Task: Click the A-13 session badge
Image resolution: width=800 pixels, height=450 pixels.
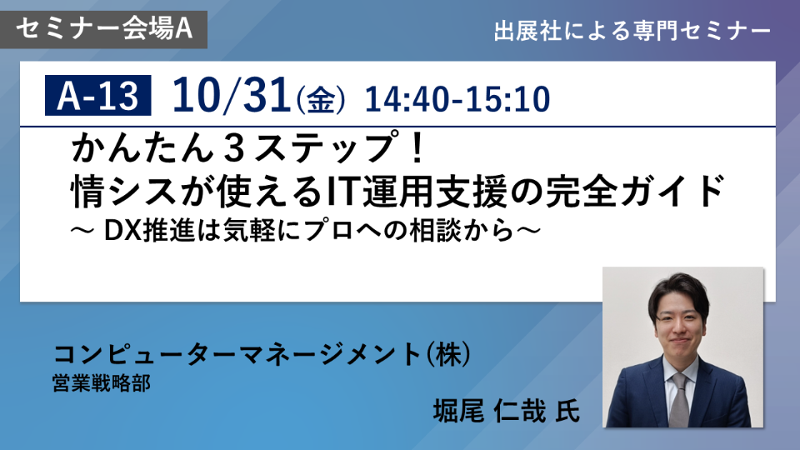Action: (98, 95)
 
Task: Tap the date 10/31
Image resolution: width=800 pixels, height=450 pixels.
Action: (232, 95)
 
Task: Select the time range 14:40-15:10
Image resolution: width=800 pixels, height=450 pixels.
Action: (457, 99)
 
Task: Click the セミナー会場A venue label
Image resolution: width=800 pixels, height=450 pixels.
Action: (104, 29)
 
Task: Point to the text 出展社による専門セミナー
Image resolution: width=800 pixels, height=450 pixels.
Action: (632, 31)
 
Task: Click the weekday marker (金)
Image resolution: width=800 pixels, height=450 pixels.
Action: (321, 99)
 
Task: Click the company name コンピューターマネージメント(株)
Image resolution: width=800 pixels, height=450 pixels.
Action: (262, 354)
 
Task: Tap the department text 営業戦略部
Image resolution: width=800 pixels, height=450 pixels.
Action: (102, 383)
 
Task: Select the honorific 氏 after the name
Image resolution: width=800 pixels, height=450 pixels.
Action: (567, 411)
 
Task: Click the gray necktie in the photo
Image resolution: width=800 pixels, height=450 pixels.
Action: (680, 399)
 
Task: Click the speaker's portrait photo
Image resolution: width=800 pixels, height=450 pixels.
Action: (682, 347)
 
